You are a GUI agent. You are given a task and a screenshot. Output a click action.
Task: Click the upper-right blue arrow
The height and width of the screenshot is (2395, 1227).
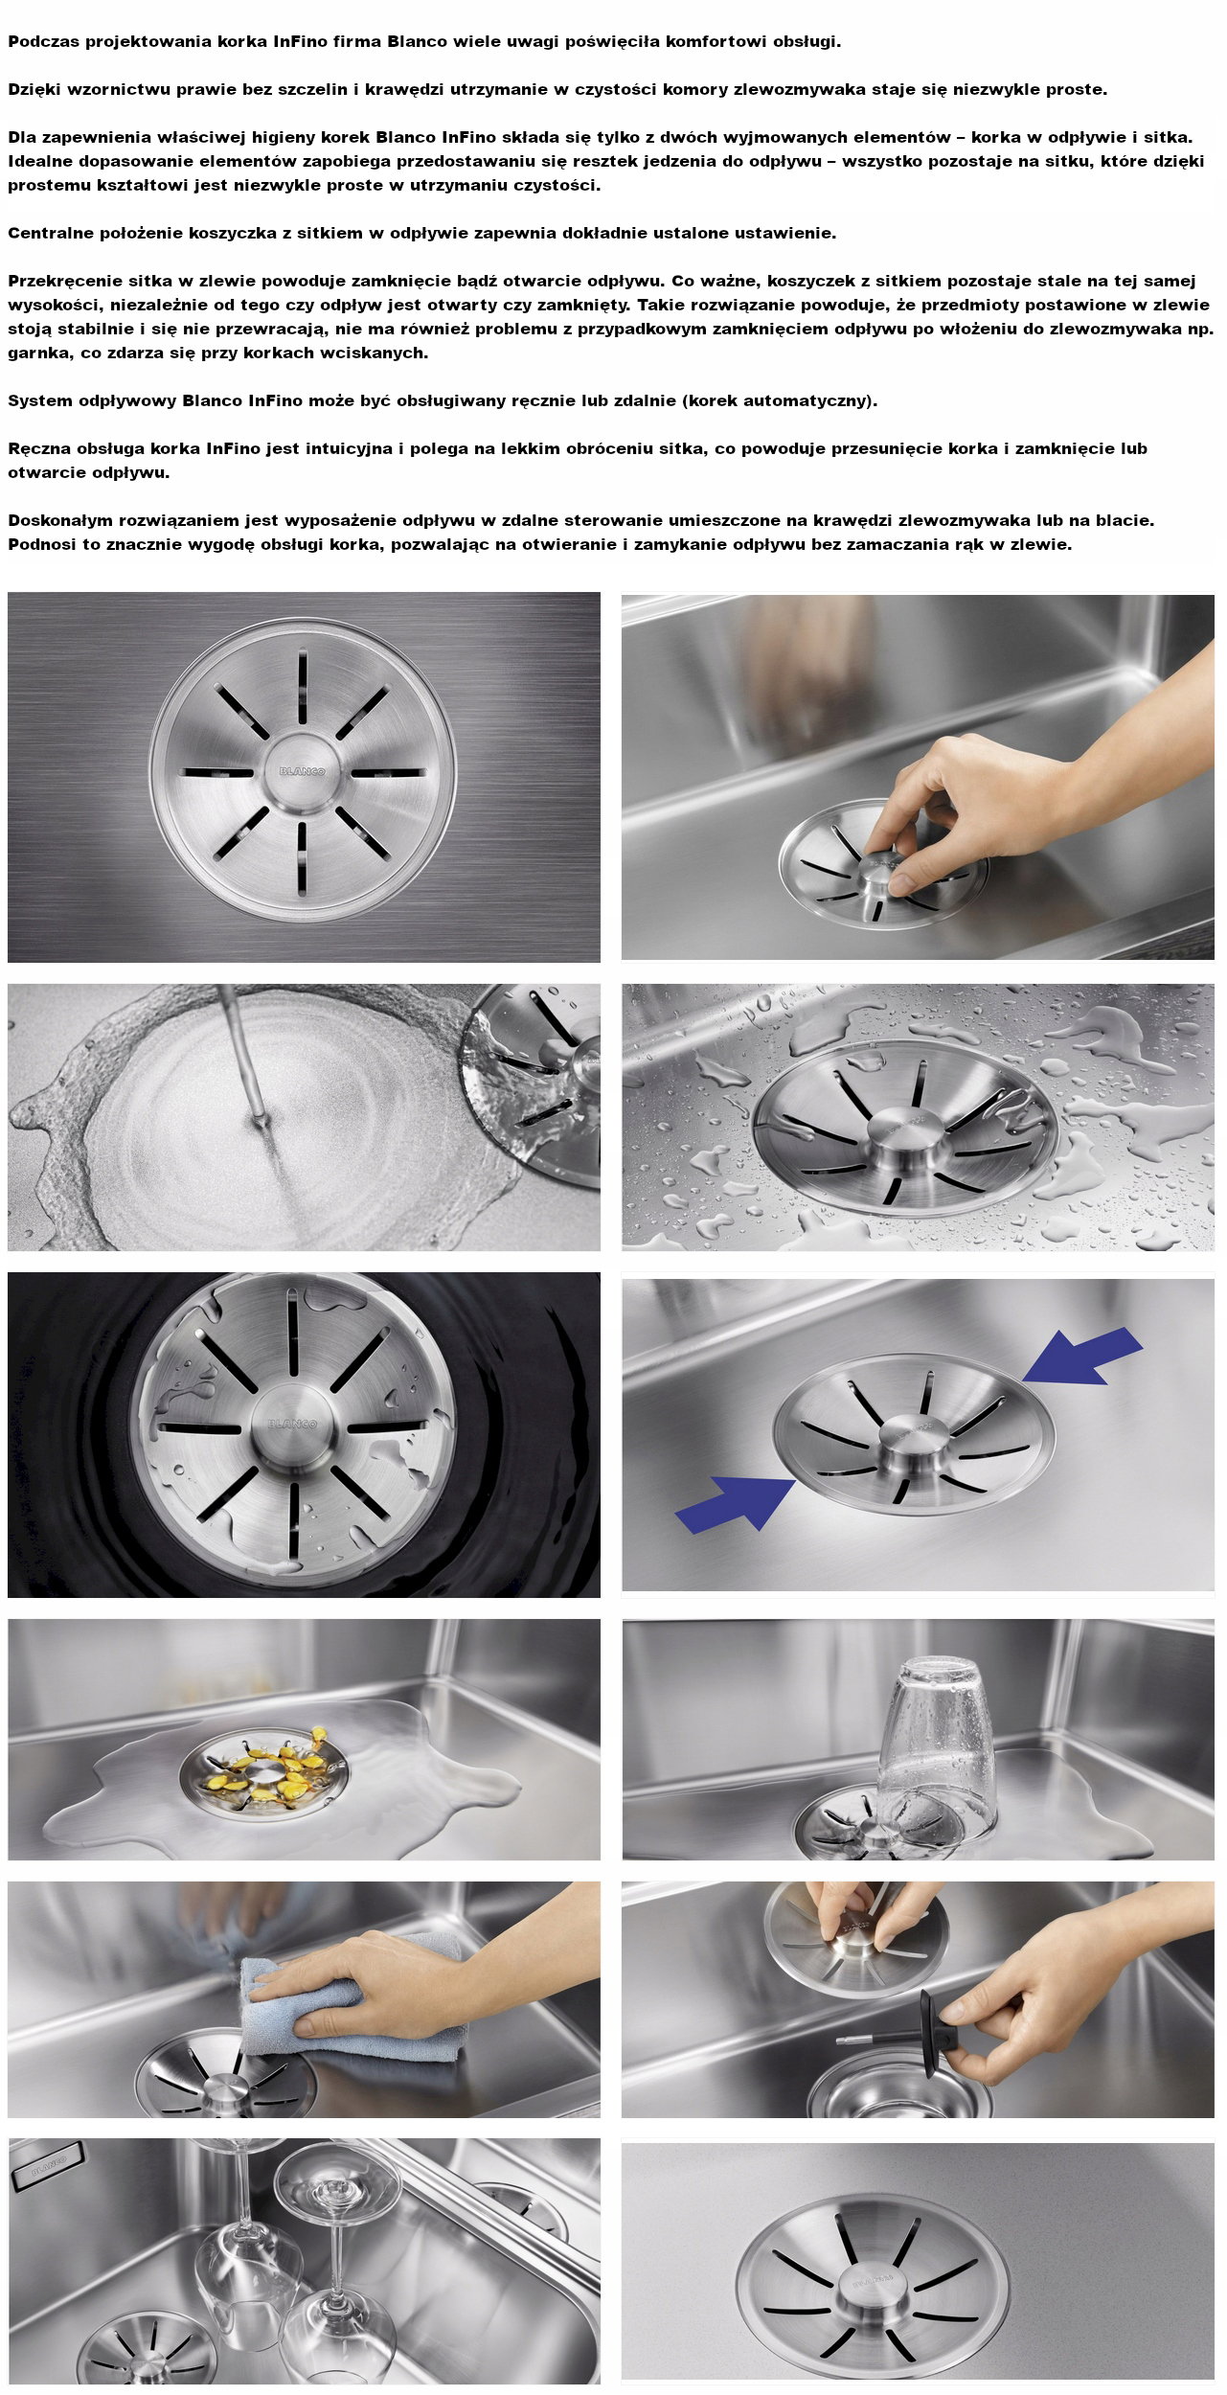[1082, 1357]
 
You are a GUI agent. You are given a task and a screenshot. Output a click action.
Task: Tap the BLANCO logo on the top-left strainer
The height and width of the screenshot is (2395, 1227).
[302, 771]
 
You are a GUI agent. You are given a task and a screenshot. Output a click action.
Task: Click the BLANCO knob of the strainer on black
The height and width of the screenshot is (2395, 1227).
[290, 1421]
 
